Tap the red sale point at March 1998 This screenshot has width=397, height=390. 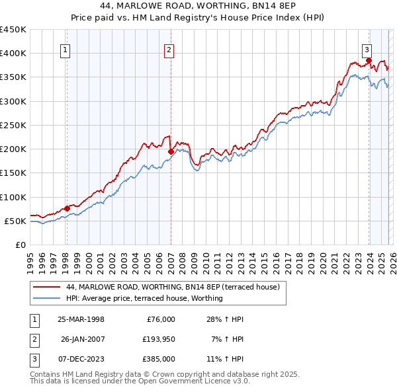coord(67,208)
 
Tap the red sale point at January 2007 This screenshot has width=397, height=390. coord(171,151)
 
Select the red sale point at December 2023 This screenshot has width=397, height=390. coord(369,60)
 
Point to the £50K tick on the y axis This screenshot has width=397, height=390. coord(16,221)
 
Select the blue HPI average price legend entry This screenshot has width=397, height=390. coord(144,298)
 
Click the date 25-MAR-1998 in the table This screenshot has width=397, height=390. coord(81,319)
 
